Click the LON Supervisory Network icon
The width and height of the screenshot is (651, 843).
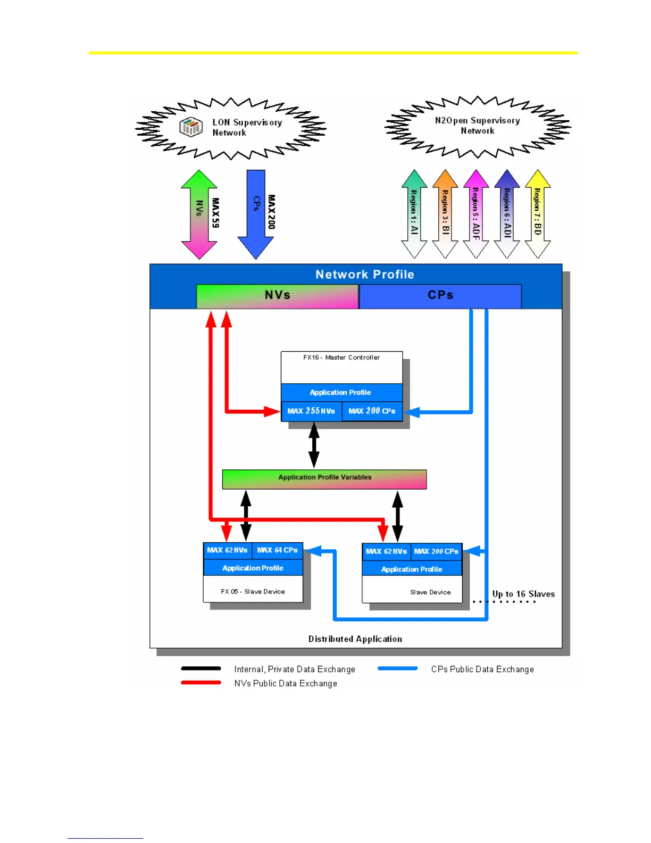pos(191,127)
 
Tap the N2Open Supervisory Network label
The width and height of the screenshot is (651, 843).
pos(477,126)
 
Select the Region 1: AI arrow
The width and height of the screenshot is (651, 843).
pos(414,214)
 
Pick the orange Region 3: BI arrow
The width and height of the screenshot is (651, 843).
pos(445,214)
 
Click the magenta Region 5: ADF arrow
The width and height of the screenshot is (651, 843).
pos(476,214)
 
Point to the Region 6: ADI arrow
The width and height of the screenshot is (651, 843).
pos(507,214)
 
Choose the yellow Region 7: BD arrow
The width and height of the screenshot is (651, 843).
pos(538,214)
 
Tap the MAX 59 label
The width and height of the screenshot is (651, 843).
pos(215,213)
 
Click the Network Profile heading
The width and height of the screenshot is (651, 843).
pos(365,275)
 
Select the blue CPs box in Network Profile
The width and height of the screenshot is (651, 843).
pos(440,296)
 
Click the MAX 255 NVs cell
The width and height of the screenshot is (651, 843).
pos(311,411)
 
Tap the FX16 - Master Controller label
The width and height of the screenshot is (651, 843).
pos(341,358)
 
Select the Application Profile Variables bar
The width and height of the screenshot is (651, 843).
pos(324,478)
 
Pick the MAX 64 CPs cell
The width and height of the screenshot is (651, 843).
pos(277,550)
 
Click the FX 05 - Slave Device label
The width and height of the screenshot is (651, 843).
pos(253,592)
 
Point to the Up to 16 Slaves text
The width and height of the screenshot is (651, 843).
pos(523,594)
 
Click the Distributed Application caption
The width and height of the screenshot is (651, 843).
pos(355,639)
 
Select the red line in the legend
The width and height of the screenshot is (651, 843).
pos(201,683)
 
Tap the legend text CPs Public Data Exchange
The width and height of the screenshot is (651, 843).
pos(482,670)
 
